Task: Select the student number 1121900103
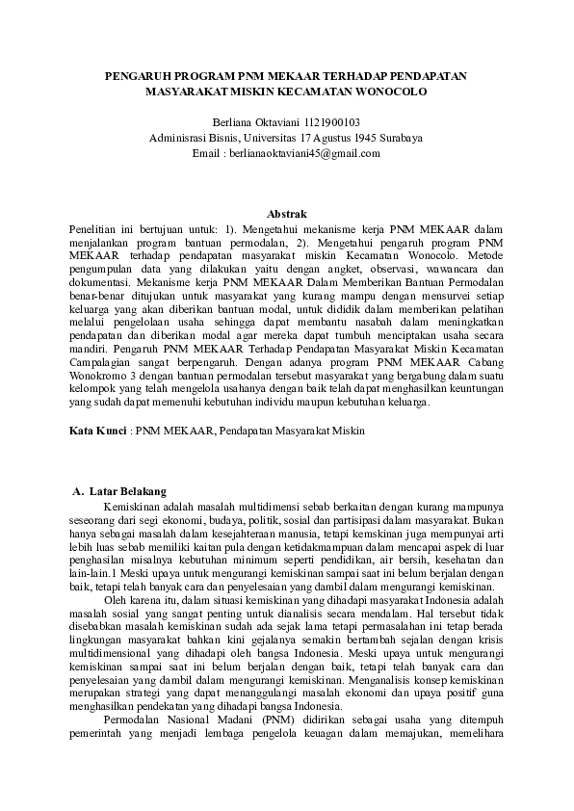pos(332,122)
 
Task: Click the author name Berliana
pos(233,122)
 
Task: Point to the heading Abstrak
pos(286,212)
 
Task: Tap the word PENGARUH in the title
pos(135,74)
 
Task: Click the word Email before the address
pos(207,153)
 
